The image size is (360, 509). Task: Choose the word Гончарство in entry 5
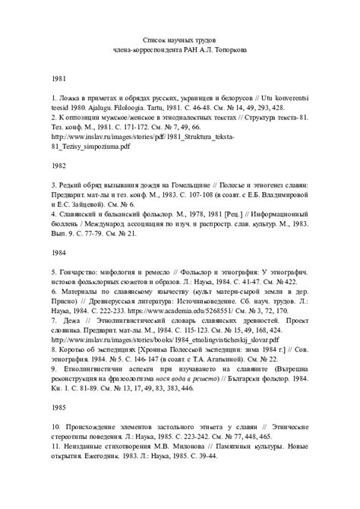(82, 271)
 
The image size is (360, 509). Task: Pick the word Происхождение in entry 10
(94, 428)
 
